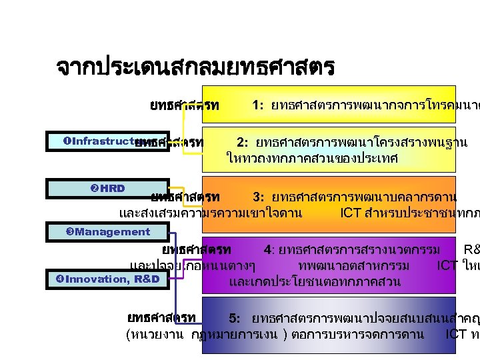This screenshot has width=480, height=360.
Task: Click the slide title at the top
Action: coord(195,68)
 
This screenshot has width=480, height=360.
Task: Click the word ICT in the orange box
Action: coord(351,213)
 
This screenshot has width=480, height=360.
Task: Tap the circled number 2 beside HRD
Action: coord(93,188)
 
